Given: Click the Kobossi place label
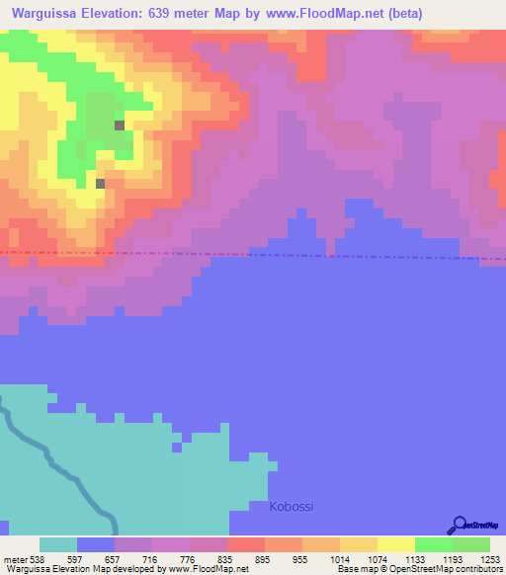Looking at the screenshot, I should click(292, 507).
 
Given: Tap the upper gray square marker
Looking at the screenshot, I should click(120, 125).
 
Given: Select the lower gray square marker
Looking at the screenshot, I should click(100, 183).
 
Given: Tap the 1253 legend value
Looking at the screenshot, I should click(476, 558).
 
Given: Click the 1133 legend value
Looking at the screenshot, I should click(398, 558).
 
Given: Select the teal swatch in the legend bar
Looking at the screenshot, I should click(58, 544).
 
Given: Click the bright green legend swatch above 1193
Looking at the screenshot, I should click(433, 544).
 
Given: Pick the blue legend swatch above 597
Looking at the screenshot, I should click(96, 544).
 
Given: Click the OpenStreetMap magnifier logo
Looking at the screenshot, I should click(458, 525).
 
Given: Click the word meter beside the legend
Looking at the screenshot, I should click(15, 558).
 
